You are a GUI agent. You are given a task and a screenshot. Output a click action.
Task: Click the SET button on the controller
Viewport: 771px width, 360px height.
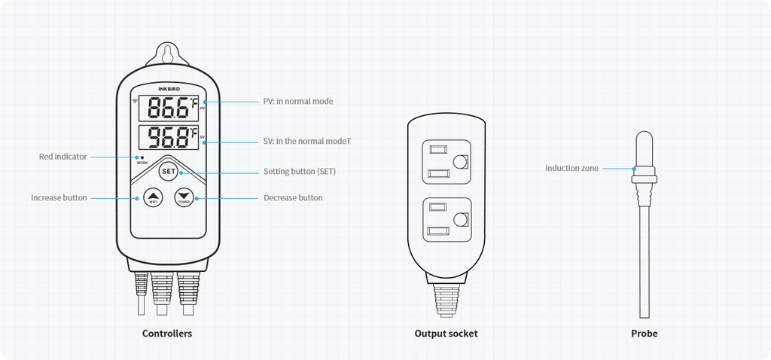169,172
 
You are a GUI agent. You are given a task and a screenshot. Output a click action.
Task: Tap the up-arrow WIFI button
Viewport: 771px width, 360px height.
153,198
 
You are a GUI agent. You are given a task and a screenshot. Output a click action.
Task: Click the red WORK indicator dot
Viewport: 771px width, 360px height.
142,157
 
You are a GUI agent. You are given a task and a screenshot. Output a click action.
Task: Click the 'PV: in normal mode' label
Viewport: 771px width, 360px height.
298,101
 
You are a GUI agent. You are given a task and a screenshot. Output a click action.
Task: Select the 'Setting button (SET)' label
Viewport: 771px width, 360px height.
300,172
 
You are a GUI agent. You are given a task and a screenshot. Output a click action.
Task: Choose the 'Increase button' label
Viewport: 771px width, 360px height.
59,198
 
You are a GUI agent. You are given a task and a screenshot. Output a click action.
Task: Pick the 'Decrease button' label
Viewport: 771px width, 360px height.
293,198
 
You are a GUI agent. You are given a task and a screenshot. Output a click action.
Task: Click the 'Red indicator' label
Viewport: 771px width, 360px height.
62,157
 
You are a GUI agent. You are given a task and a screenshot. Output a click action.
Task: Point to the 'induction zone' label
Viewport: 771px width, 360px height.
572,168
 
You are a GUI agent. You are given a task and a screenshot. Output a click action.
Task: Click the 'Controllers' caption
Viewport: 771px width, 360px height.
167,333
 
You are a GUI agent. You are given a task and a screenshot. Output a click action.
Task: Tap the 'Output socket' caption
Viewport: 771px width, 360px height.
446,333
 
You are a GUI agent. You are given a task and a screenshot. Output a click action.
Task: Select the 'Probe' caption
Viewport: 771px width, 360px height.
645,333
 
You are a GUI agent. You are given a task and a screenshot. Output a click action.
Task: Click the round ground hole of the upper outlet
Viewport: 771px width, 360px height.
461,161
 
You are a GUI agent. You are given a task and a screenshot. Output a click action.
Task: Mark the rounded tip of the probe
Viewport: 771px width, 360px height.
645,139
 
